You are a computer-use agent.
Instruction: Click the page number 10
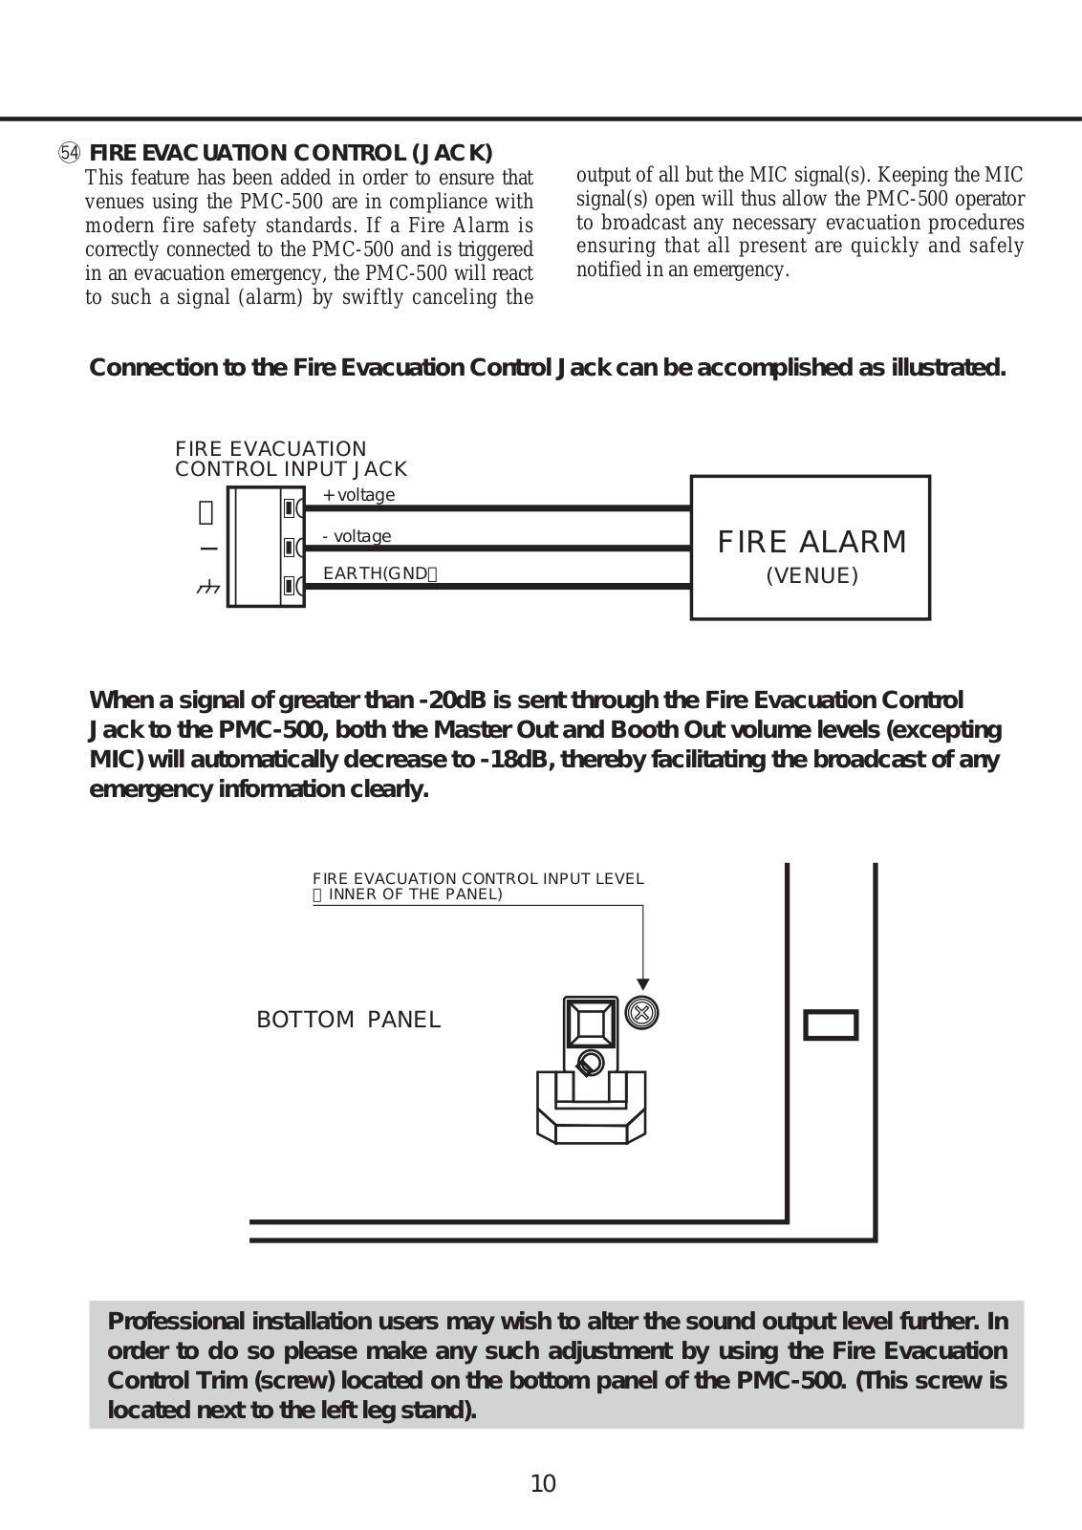(542, 1483)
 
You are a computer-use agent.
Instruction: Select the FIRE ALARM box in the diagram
(810, 548)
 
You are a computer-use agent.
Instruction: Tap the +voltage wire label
(358, 495)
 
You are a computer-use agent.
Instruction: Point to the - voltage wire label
(357, 536)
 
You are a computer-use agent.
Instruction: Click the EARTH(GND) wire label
(379, 573)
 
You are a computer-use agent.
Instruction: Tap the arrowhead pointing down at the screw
(643, 983)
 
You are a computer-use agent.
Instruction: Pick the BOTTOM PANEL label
(349, 1020)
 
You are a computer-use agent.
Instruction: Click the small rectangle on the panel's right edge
(830, 1024)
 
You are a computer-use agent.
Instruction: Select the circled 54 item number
(69, 153)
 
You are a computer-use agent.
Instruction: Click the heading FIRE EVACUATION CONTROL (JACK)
(291, 153)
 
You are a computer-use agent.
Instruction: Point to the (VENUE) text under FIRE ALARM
(811, 576)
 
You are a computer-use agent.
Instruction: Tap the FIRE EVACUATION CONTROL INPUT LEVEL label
(478, 878)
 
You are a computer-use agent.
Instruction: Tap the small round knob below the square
(590, 1062)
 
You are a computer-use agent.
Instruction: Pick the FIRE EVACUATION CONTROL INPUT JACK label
(291, 459)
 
